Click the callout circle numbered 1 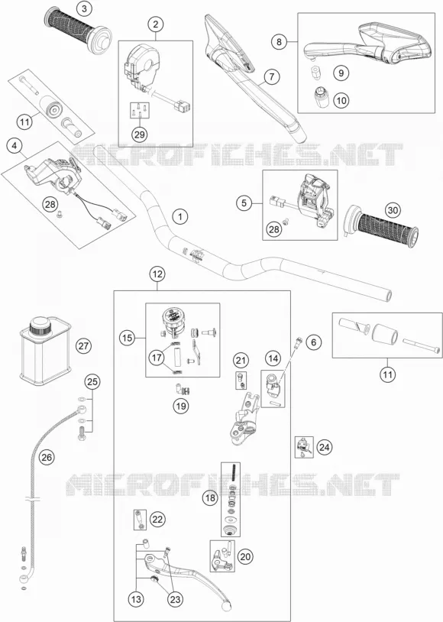coord(180,216)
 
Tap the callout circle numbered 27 coord(83,346)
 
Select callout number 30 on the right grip coord(393,210)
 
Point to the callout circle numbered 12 coord(157,274)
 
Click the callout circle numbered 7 coord(272,76)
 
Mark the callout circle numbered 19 coord(180,406)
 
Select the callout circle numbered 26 coord(47,458)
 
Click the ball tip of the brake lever coord(227,606)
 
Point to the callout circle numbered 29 coord(139,134)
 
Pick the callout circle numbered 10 coord(341,100)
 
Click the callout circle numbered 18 coord(210,497)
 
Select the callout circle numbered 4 coord(15,146)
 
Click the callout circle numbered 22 coord(157,520)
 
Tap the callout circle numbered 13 coord(136,599)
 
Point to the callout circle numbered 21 coord(241,360)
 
